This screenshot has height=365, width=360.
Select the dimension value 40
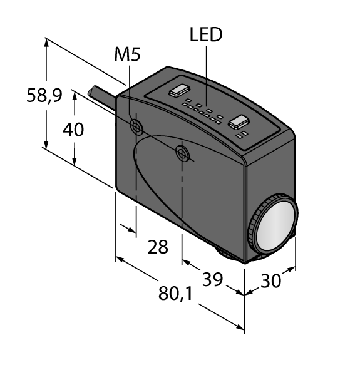[x=74, y=130]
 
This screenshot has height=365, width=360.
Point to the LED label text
[x=206, y=35]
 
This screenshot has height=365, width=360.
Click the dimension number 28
[x=158, y=247]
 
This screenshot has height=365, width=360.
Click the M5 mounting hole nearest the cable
[x=136, y=127]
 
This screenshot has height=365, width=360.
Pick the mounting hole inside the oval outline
[x=182, y=152]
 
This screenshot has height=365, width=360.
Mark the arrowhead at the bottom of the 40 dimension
[x=75, y=161]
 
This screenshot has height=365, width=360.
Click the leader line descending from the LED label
[x=206, y=75]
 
